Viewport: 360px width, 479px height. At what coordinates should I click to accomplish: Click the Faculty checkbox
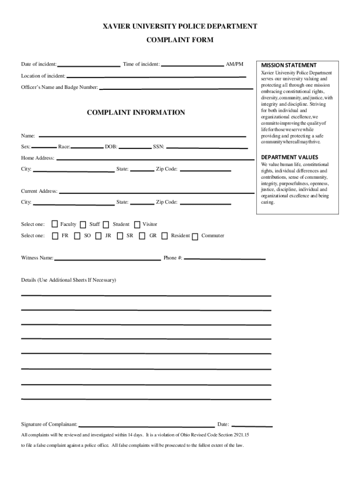[x=55, y=225]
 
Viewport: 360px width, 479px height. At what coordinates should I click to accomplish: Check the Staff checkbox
[x=83, y=225]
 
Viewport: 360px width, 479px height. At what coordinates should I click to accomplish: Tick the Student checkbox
[x=106, y=225]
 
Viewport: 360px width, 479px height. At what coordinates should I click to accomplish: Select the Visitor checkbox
[x=137, y=225]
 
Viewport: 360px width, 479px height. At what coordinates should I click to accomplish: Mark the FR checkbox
[x=56, y=236]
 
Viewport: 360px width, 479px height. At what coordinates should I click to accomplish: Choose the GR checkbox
[x=142, y=236]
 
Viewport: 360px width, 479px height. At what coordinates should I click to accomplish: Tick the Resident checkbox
[x=164, y=236]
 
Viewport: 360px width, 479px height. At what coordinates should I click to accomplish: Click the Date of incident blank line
[x=88, y=65]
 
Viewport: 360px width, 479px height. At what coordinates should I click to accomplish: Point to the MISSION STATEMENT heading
[x=288, y=65]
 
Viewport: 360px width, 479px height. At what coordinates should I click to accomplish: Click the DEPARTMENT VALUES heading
[x=289, y=157]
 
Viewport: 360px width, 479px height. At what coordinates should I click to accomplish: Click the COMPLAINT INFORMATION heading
[x=136, y=113]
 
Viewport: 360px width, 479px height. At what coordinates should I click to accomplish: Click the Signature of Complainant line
[x=146, y=426]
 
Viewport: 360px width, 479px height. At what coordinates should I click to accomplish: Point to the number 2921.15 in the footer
[x=240, y=435]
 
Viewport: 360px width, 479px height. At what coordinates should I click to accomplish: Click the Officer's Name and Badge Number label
[x=59, y=87]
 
